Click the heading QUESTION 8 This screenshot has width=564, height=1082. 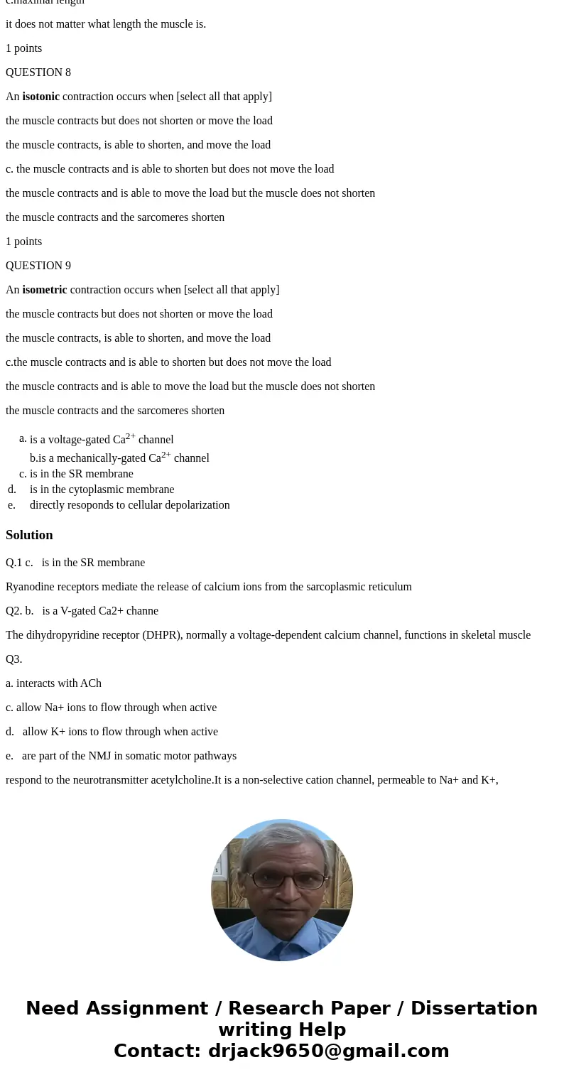tap(38, 72)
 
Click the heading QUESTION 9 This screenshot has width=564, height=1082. tap(38, 266)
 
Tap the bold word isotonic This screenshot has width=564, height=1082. tap(40, 97)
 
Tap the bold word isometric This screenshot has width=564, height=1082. tap(44, 290)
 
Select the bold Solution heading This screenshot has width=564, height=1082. tap(29, 535)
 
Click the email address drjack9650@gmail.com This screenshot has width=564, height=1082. tap(328, 1051)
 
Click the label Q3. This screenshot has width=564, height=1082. tap(14, 659)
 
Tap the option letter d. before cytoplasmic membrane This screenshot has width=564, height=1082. tap(12, 489)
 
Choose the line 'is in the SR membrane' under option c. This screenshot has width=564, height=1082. tap(81, 474)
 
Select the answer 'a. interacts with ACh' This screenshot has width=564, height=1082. tap(53, 683)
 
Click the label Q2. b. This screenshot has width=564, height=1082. tap(20, 611)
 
